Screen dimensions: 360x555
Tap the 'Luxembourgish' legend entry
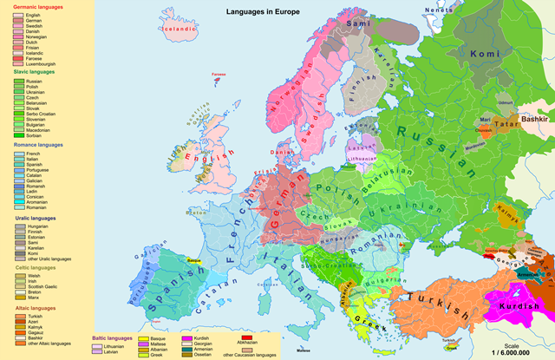41,63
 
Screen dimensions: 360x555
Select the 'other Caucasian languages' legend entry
252,354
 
